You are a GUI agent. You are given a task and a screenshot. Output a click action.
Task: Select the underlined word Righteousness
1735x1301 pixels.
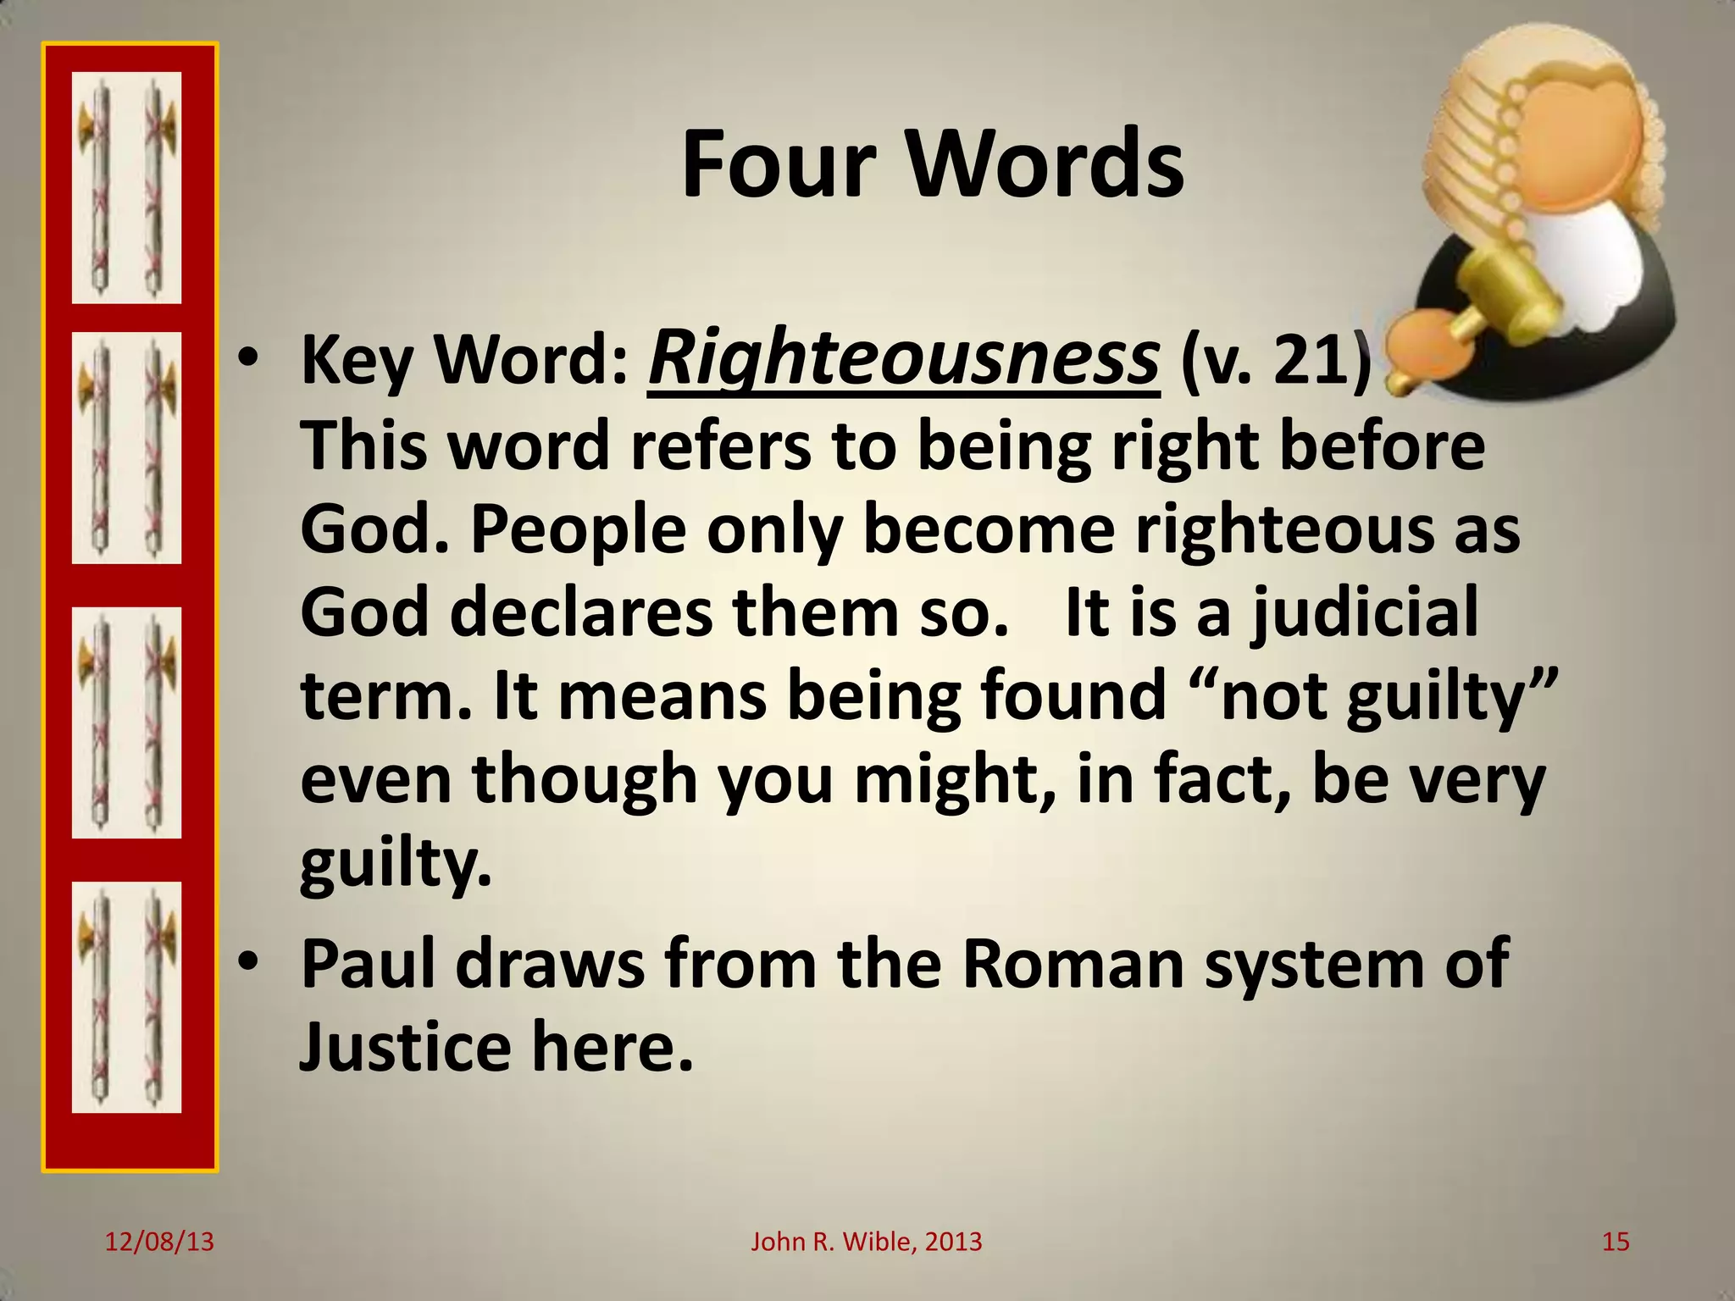[x=903, y=360]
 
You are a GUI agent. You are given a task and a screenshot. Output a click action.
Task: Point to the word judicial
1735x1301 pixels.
[x=1365, y=612]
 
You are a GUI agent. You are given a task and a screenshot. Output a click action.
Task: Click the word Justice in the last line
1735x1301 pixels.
[x=406, y=1047]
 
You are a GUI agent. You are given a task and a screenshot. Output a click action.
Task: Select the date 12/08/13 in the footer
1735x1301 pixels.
[x=159, y=1242]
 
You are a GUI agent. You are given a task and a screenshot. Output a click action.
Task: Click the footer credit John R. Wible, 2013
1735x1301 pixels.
[x=867, y=1242]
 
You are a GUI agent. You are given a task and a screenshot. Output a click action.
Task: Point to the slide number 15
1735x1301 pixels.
[x=1616, y=1242]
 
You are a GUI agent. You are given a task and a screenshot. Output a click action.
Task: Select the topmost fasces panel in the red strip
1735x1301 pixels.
[x=126, y=187]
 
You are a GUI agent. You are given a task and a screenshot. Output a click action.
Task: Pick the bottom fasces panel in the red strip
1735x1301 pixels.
[x=126, y=997]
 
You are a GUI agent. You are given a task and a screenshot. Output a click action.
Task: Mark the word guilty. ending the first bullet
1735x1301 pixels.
[x=395, y=864]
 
